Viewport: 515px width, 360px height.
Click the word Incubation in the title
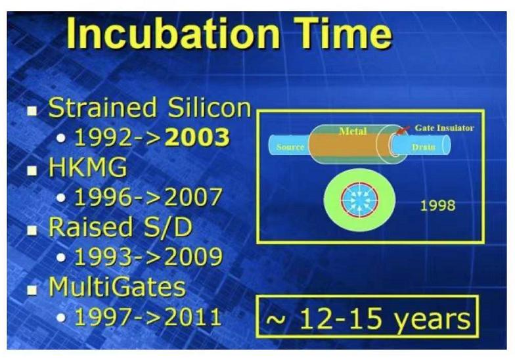(x=173, y=33)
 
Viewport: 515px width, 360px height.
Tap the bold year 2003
(x=197, y=137)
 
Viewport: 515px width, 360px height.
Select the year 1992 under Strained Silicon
(x=103, y=137)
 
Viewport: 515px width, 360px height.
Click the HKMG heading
(x=87, y=167)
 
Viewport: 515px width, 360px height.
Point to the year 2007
(x=193, y=197)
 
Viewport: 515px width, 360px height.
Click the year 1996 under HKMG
(x=103, y=197)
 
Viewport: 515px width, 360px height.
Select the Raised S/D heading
(x=120, y=227)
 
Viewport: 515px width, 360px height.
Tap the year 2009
(x=193, y=256)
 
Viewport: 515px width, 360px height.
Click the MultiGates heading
(x=117, y=286)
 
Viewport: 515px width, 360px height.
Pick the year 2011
(x=192, y=317)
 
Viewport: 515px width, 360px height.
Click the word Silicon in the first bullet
(x=209, y=108)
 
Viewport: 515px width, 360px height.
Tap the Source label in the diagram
(x=290, y=147)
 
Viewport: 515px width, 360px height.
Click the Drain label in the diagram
(x=423, y=147)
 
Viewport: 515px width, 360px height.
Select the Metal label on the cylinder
(x=353, y=131)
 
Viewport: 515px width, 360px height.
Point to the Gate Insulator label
(x=444, y=127)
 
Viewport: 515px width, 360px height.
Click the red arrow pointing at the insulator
(x=403, y=130)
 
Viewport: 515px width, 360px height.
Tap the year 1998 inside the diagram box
(x=437, y=205)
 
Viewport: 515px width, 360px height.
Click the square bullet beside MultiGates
(x=32, y=290)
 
